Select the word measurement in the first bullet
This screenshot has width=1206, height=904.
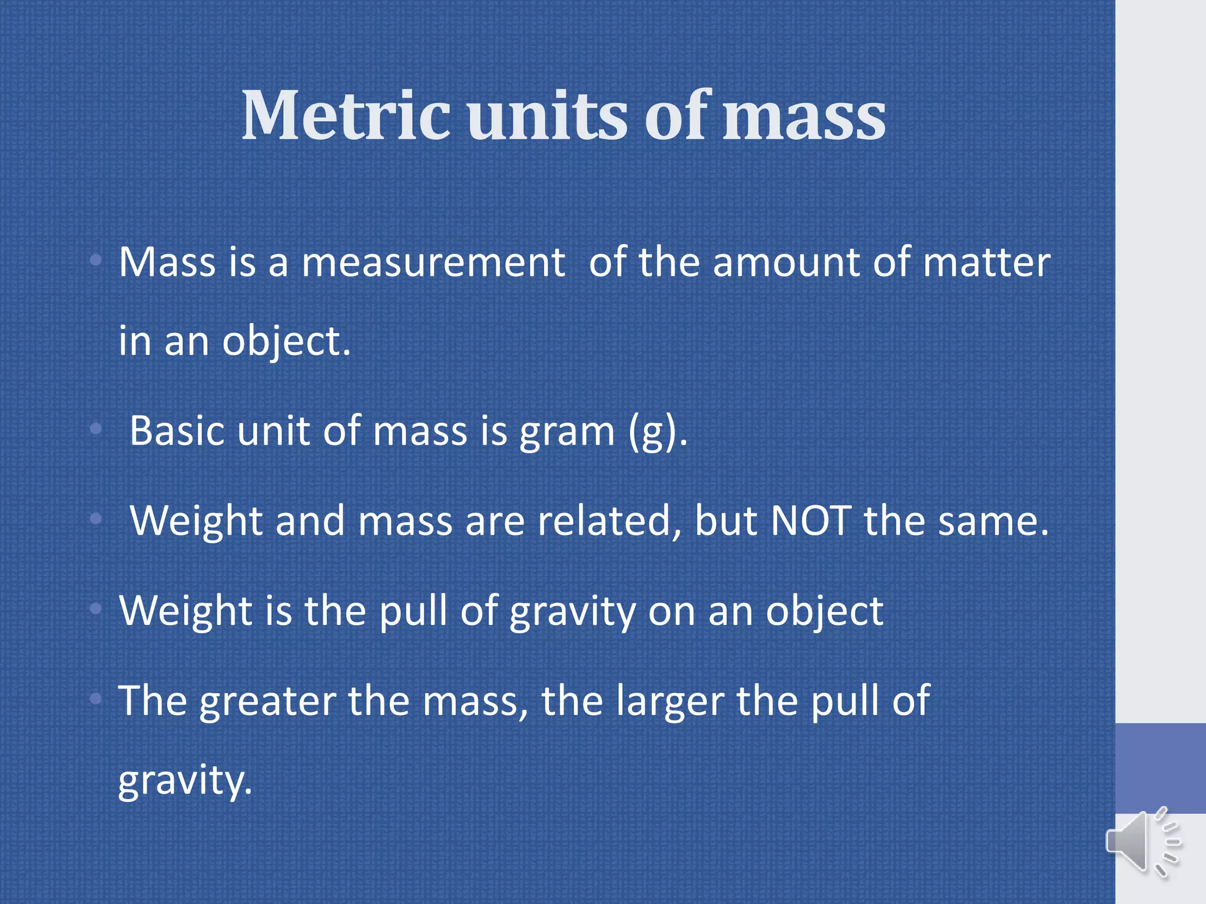coord(433,262)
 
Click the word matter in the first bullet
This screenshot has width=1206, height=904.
coord(986,262)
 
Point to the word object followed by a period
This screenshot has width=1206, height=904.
coord(286,343)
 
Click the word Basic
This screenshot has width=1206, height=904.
coord(177,431)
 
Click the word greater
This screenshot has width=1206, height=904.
coord(268,702)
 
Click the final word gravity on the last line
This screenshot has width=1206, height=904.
coord(185,782)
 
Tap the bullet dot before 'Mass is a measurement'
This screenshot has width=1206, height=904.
coord(97,260)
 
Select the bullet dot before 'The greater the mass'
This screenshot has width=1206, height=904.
coord(97,699)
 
